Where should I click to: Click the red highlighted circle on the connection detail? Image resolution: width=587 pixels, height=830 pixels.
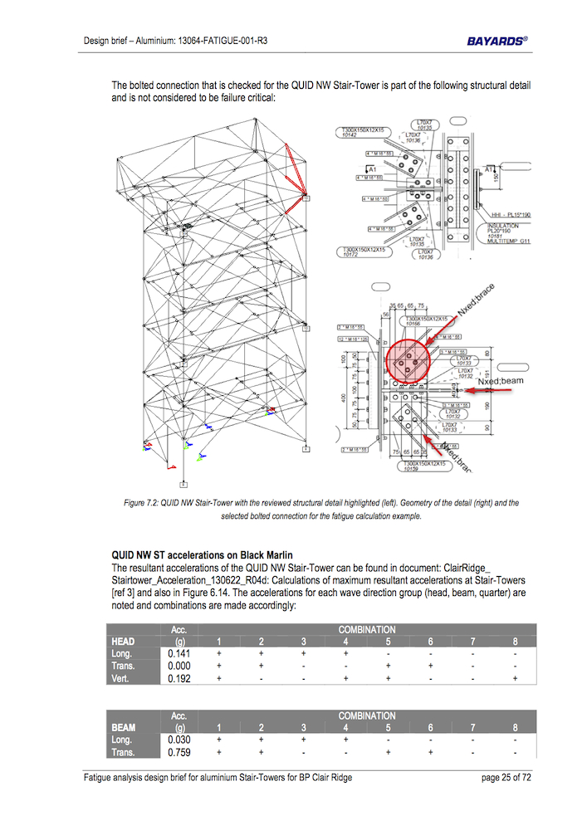[408, 361]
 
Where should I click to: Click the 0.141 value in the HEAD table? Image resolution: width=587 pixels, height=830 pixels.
[179, 653]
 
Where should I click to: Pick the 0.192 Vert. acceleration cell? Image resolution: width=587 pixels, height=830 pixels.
[179, 678]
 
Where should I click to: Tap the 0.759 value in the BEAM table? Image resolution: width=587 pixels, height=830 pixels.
[179, 753]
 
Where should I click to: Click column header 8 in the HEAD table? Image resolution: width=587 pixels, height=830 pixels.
[516, 641]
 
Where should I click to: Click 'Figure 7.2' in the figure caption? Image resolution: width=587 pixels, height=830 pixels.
[143, 503]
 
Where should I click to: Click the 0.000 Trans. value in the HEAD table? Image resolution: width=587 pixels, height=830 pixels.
[179, 666]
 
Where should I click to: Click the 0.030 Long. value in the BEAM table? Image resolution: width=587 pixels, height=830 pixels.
[179, 740]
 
